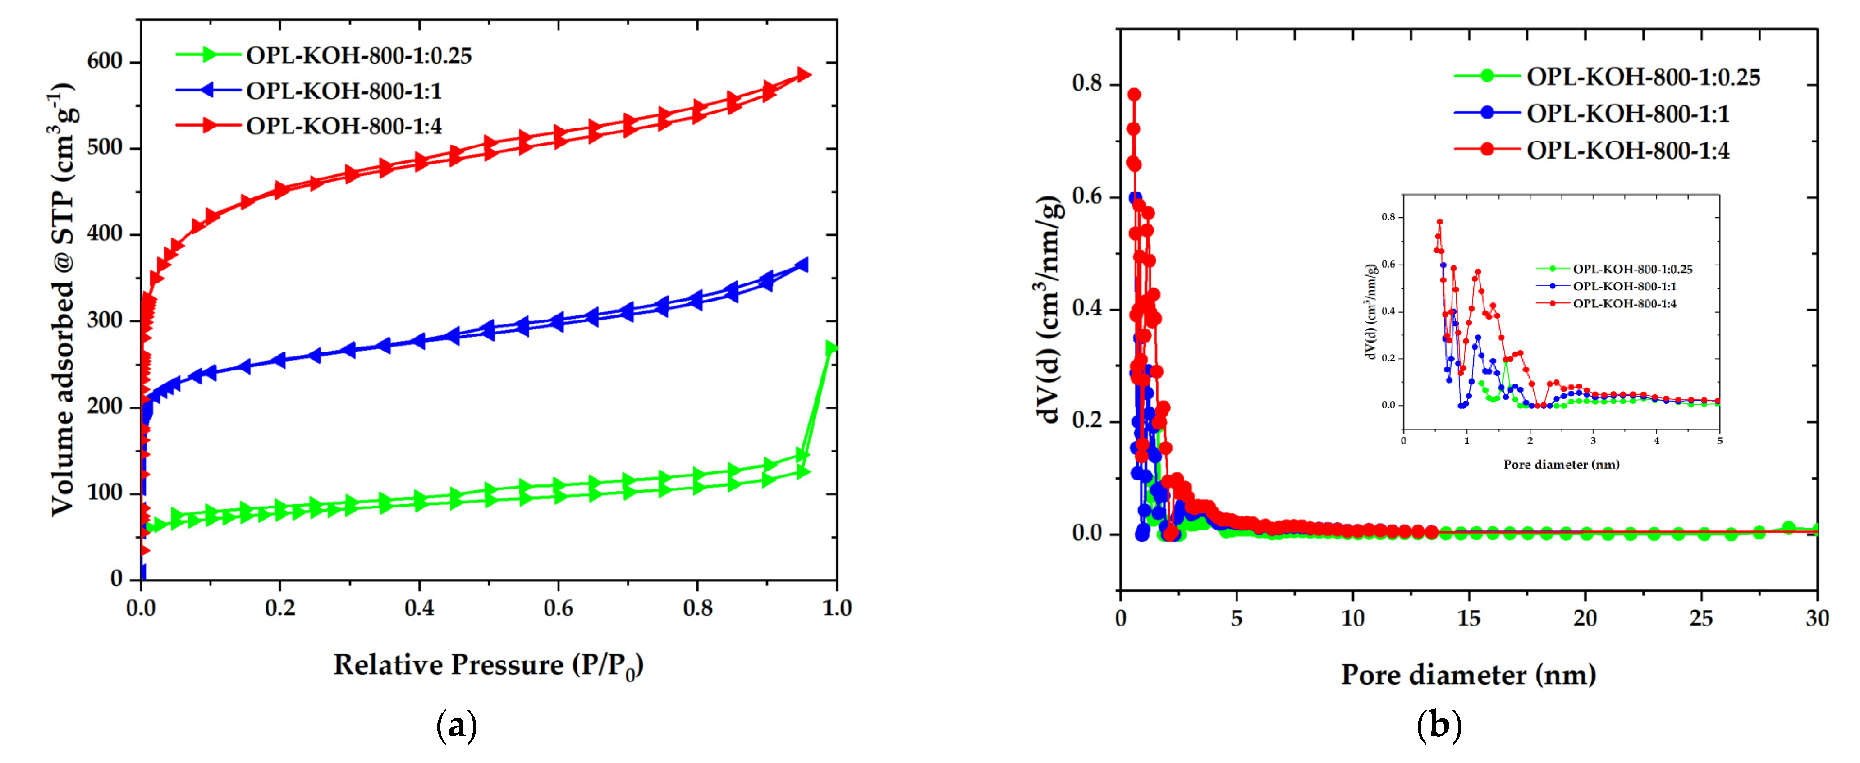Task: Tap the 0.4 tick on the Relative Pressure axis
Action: click(x=419, y=608)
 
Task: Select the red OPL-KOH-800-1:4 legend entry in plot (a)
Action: click(x=344, y=126)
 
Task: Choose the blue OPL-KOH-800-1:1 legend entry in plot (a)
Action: click(x=344, y=91)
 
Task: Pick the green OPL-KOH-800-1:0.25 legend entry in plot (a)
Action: click(x=358, y=55)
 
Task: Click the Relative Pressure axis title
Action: click(x=488, y=665)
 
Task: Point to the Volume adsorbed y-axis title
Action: click(x=63, y=300)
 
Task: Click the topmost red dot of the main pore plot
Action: click(x=1134, y=95)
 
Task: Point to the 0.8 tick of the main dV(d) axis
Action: click(x=1087, y=84)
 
